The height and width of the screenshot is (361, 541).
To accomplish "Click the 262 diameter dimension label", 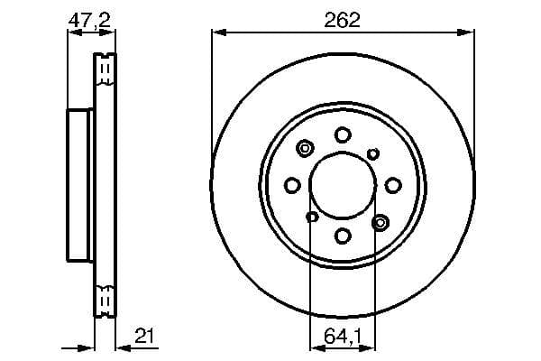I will pyautogui.click(x=343, y=19).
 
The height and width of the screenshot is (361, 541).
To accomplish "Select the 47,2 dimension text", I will pyautogui.click(x=90, y=19).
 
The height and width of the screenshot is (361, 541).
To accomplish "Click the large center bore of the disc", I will pyautogui.click(x=343, y=185).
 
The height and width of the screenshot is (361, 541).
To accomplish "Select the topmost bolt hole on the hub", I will pyautogui.click(x=343, y=134).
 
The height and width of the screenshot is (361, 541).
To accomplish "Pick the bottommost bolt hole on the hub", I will pyautogui.click(x=343, y=236).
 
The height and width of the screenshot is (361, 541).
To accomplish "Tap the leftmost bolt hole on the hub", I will pyautogui.click(x=291, y=185).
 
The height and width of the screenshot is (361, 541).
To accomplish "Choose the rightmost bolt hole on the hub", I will pyautogui.click(x=393, y=185).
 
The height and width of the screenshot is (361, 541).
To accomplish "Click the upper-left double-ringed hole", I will pyautogui.click(x=305, y=149).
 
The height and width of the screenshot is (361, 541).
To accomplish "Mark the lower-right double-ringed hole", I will pyautogui.click(x=380, y=221).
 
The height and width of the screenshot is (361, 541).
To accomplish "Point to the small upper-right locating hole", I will pyautogui.click(x=373, y=154).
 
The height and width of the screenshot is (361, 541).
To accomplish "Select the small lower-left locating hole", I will pyautogui.click(x=312, y=217).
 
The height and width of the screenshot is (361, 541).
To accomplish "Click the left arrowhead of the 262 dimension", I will pyautogui.click(x=215, y=33).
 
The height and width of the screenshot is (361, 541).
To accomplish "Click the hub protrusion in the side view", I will pyautogui.click(x=80, y=185).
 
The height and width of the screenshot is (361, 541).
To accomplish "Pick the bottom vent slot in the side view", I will pyautogui.click(x=106, y=300).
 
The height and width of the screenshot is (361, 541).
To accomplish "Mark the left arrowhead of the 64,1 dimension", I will pyautogui.click(x=314, y=347).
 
